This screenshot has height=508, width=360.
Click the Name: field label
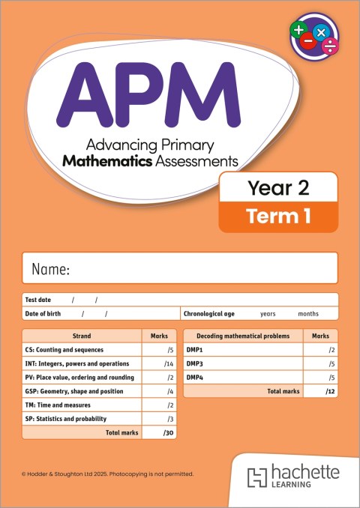point(50,269)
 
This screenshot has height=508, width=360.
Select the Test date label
point(38,300)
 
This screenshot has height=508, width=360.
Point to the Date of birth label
point(43,314)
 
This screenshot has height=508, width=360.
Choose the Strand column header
point(82,336)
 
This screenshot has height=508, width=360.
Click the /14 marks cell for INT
point(168,364)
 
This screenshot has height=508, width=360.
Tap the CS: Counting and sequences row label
point(64,350)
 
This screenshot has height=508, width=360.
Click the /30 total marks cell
point(168,433)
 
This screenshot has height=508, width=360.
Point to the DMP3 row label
point(195,364)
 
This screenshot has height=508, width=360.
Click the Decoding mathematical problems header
point(243,336)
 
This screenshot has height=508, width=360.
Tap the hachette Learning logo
point(293,477)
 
